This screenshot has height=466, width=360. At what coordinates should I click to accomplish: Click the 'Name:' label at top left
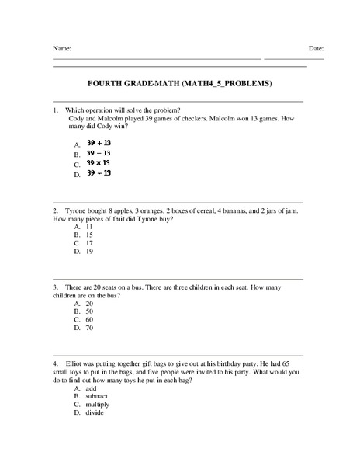(62, 49)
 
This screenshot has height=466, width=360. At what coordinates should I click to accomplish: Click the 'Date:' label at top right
(316, 49)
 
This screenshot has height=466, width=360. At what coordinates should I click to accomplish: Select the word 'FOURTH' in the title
(106, 83)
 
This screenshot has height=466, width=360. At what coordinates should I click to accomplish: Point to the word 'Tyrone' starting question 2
(76, 210)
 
